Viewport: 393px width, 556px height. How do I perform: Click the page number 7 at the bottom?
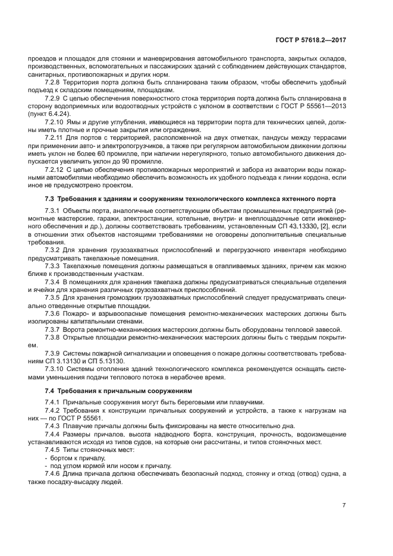click(344, 505)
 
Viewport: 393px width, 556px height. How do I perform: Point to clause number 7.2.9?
click(54, 96)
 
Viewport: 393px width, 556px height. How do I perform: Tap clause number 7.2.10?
click(55, 121)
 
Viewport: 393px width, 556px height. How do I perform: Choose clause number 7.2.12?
click(55, 169)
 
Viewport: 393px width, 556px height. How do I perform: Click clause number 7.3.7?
click(54, 329)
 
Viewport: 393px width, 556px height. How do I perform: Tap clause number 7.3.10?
click(55, 369)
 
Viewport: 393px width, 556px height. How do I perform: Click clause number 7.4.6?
click(54, 474)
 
